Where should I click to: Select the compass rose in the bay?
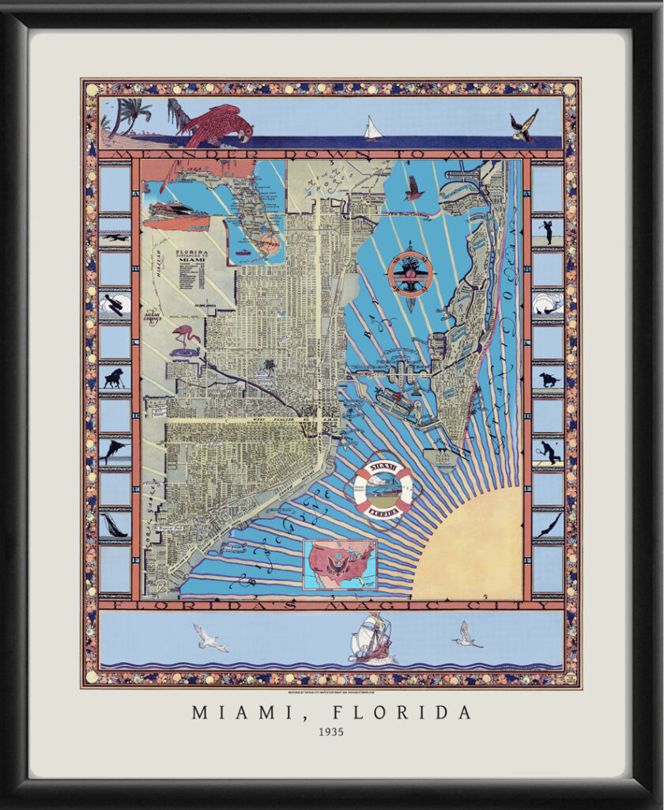(x=410, y=274)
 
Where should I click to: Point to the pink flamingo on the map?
(x=186, y=339)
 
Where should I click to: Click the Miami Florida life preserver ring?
(x=383, y=485)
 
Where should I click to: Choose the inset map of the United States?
(x=339, y=564)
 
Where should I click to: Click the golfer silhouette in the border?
(x=547, y=231)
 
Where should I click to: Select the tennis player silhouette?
(x=547, y=452)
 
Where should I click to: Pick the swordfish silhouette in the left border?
(x=115, y=451)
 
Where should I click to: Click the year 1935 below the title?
(x=331, y=732)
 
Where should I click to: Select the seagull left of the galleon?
(x=209, y=638)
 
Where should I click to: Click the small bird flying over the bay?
(x=413, y=188)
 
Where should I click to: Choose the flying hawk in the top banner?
(x=523, y=125)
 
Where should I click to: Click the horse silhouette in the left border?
(x=115, y=378)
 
